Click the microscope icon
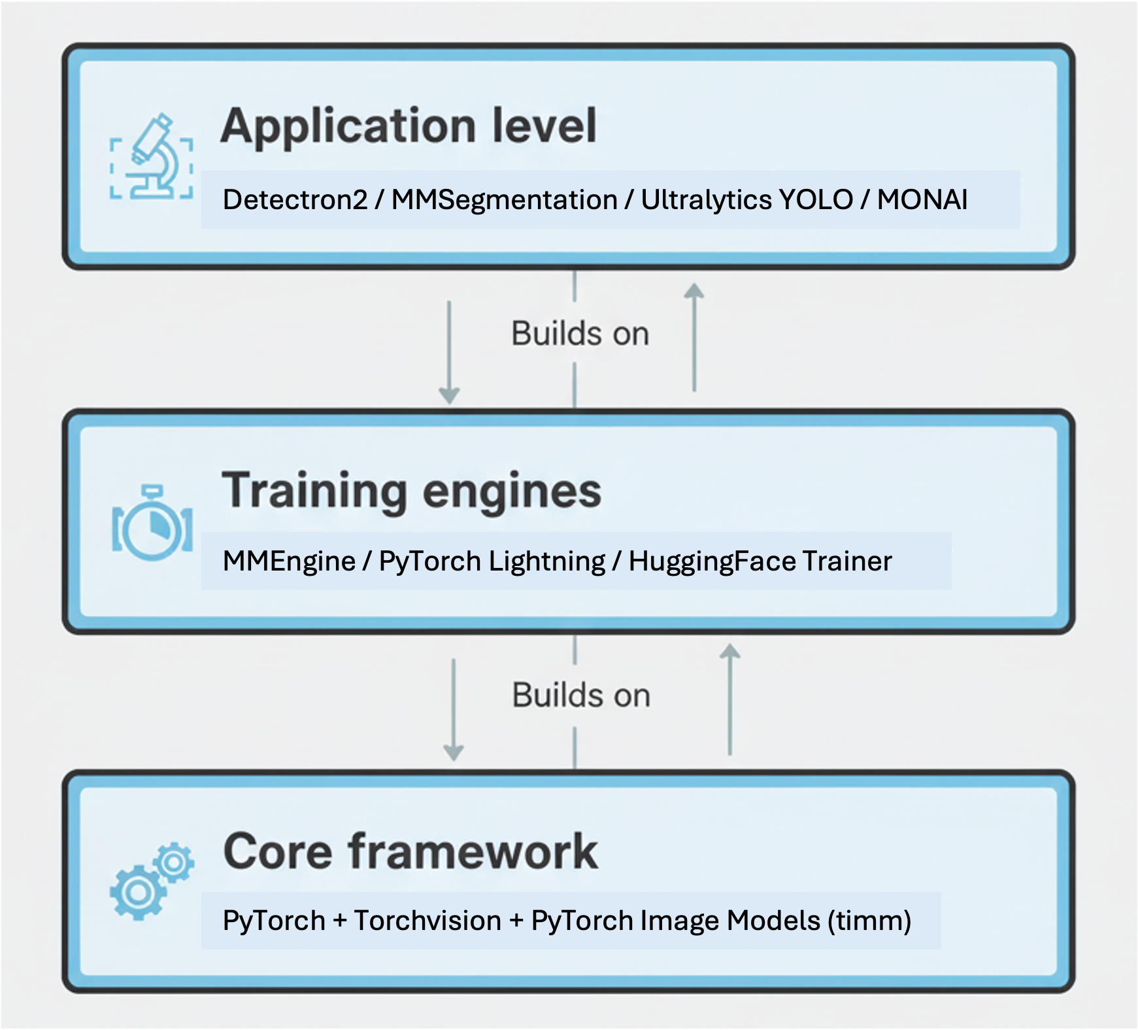coord(152,158)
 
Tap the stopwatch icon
coord(152,523)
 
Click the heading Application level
coord(409,125)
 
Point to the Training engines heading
coord(412,491)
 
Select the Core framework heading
coord(410,852)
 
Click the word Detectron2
coord(295,200)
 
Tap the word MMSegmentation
coord(504,200)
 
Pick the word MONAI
coord(922,200)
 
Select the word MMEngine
coord(289,561)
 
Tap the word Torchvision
coord(427,921)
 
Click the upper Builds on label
coord(580,334)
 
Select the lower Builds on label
coord(581,695)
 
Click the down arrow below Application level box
coord(449,353)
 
